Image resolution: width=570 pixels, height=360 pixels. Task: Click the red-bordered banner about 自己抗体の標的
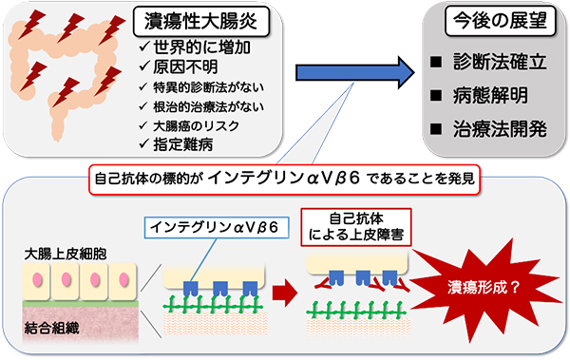point(285,177)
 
